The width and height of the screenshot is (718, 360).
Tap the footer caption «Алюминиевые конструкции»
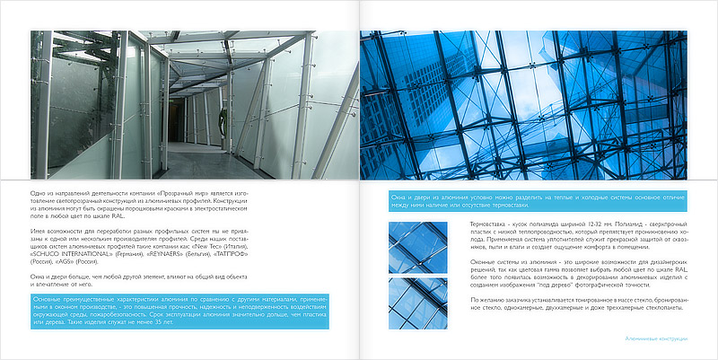(x=656, y=339)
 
